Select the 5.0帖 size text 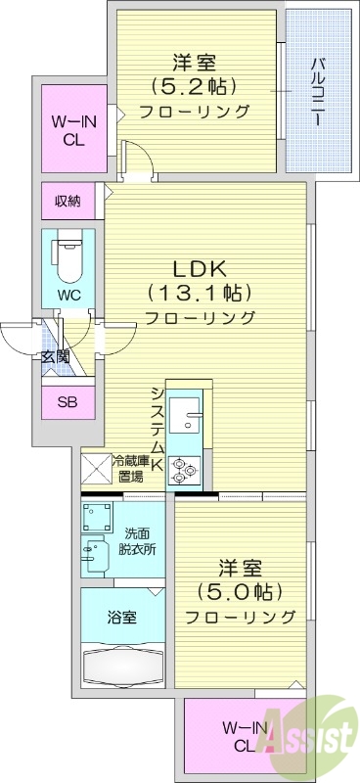coord(239,591)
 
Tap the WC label coord(67,294)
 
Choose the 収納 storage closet coord(67,202)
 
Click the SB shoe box coord(67,401)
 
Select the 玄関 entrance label coord(55,356)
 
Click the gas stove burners coord(182,469)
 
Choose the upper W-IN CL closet coord(67,130)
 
